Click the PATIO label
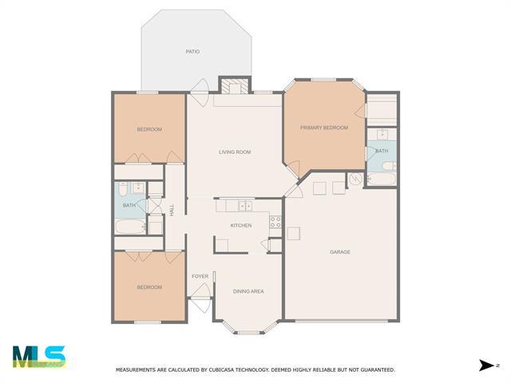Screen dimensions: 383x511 pos(192,52)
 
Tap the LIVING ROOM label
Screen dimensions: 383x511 pos(236,152)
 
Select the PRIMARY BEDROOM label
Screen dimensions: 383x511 pos(324,128)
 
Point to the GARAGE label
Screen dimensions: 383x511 pos(340,252)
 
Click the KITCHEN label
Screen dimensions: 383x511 pos(241,226)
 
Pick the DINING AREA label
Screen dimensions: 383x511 pos(248,291)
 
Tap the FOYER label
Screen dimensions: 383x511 pos(200,276)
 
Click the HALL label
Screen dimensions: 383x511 pos(172,210)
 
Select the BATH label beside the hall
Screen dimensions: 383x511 pos(129,206)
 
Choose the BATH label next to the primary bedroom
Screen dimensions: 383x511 pos(382,151)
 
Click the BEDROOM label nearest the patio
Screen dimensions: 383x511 pos(149,129)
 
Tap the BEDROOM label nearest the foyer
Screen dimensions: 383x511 pos(149,287)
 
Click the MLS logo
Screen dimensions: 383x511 pos(39,357)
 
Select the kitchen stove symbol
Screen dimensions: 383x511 pos(275,222)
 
